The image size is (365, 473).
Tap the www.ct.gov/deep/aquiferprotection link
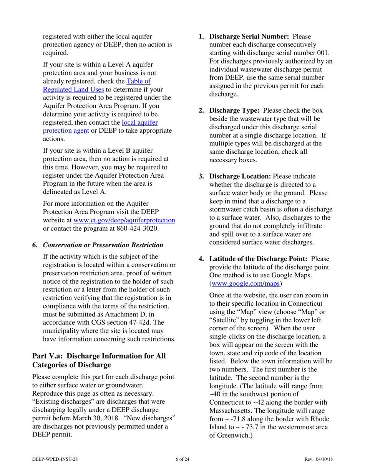(x=124, y=220)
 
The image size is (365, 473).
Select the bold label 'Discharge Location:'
(x=240, y=176)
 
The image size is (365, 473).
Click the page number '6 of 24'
(x=182, y=459)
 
